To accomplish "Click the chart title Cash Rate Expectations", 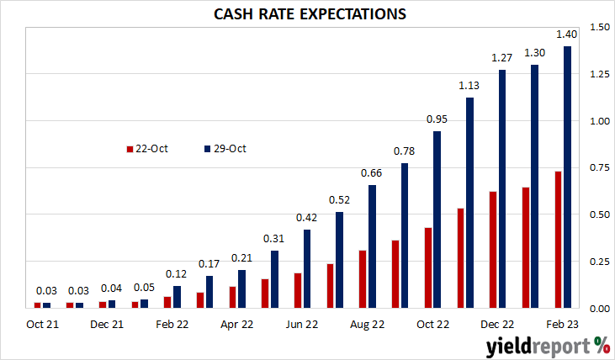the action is pos(310,14).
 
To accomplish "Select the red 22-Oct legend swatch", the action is pos(130,149).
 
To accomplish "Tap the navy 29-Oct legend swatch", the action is pos(208,149).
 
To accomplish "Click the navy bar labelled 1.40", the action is pos(567,177).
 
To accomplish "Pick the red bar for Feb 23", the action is pos(558,240).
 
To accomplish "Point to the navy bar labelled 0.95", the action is pos(437,220).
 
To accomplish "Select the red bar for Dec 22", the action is pos(493,250).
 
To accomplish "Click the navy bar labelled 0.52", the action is pos(339,260).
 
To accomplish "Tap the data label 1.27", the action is pos(501,58).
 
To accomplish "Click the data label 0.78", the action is pos(404,151).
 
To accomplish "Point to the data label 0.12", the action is pos(176,273).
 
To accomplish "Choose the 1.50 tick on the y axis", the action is pos(600,27).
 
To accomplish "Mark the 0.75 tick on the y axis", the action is pos(600,167).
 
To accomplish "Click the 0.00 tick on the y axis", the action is pos(600,309).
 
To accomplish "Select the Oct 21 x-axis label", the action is pos(42,325).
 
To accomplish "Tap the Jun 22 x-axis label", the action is pos(302,325).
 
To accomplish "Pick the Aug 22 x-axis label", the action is pos(367,325).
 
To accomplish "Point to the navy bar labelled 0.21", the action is pos(241,289).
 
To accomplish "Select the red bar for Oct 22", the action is pos(428,267).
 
